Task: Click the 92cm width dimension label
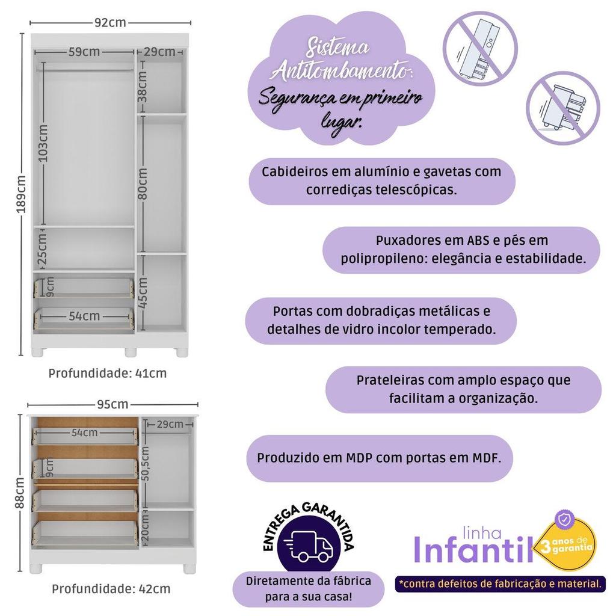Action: pyautogui.click(x=111, y=22)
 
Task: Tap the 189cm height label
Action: pyautogui.click(x=21, y=194)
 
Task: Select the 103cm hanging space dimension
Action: pyautogui.click(x=43, y=143)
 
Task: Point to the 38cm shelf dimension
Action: pyautogui.click(x=142, y=87)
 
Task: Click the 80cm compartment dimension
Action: pyautogui.click(x=142, y=184)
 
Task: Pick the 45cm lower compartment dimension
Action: pyautogui.click(x=142, y=293)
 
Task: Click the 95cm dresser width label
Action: pyautogui.click(x=112, y=404)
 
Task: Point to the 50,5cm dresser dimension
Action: pyautogui.click(x=145, y=464)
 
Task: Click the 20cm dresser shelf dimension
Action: pyautogui.click(x=144, y=529)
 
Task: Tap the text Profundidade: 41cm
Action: pyautogui.click(x=108, y=373)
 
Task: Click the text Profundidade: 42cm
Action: pyautogui.click(x=111, y=589)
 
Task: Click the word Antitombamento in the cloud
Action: pyautogui.click(x=341, y=72)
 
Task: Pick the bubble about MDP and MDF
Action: pyautogui.click(x=380, y=458)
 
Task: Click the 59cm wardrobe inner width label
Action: pyautogui.click(x=84, y=52)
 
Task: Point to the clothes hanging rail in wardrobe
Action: pyautogui.click(x=85, y=70)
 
